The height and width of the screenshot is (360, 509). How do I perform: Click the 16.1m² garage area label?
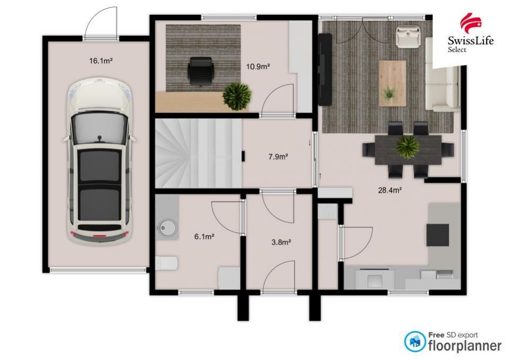pyautogui.click(x=101, y=61)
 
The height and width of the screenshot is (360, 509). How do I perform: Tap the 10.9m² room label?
pyautogui.click(x=258, y=67)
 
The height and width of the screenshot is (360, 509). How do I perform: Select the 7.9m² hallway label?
pyautogui.click(x=279, y=157)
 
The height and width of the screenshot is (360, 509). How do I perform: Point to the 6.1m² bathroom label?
pyautogui.click(x=204, y=237)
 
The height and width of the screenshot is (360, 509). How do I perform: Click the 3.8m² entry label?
pyautogui.click(x=281, y=242)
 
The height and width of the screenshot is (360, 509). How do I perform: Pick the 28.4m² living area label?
pyautogui.click(x=390, y=190)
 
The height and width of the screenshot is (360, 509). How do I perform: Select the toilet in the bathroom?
pyautogui.click(x=167, y=263)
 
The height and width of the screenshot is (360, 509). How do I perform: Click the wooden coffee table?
pyautogui.click(x=392, y=83)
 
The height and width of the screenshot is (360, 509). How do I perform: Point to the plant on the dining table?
pyautogui.click(x=408, y=147)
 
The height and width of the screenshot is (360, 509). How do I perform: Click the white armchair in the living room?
pyautogui.click(x=408, y=37)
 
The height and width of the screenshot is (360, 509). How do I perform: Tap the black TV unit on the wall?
pyautogui.click(x=325, y=69)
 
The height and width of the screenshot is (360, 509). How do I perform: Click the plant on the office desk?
pyautogui.click(x=237, y=97)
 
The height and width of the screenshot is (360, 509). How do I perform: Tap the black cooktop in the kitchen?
pyautogui.click(x=437, y=235)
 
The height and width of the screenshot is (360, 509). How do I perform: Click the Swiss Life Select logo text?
pyautogui.click(x=470, y=44)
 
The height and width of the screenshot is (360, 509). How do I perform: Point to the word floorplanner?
pyautogui.click(x=465, y=345)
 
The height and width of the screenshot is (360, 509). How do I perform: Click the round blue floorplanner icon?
pyautogui.click(x=415, y=341)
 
